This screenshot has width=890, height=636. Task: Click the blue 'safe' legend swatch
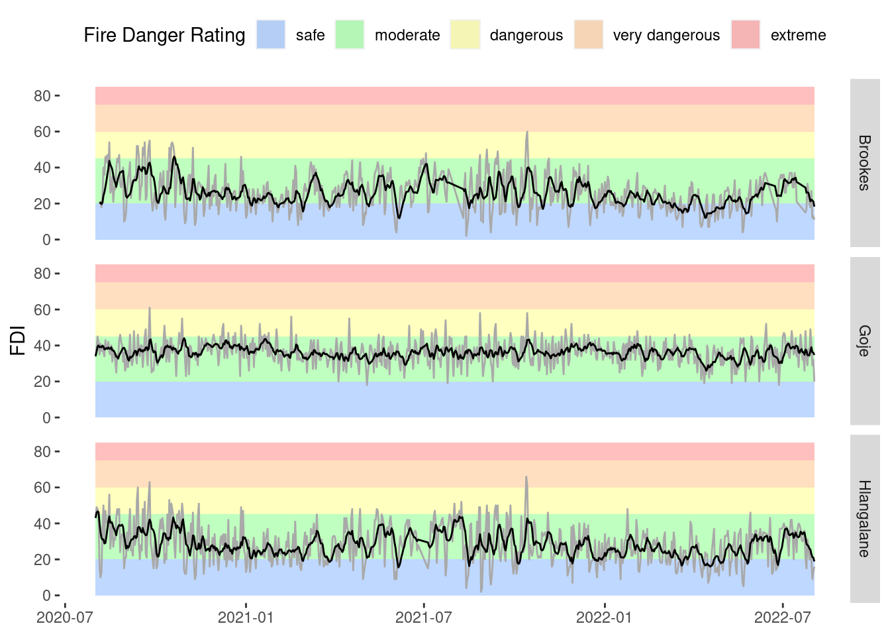point(271,34)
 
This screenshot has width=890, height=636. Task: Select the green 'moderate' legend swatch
point(350,34)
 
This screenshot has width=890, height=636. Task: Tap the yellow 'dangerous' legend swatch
point(465,34)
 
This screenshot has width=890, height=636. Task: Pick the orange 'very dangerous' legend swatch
point(588,34)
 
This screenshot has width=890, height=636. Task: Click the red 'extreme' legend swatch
point(746,34)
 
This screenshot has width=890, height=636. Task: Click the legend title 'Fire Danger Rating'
point(164,35)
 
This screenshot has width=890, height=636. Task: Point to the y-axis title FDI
point(18,341)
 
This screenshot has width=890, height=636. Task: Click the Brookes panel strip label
point(864,163)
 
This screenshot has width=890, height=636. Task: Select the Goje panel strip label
point(864,341)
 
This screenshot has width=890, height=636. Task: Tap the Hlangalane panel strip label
point(864,519)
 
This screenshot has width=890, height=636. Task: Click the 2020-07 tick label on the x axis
point(64,617)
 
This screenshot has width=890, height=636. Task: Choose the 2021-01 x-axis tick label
point(246,617)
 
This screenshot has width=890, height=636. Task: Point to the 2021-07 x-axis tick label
point(424,617)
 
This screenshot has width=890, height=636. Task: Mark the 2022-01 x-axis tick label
point(604,617)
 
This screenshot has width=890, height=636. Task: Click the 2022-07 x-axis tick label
point(783,617)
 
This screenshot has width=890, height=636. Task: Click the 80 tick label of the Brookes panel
point(42,96)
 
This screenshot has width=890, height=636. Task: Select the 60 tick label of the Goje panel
point(42,310)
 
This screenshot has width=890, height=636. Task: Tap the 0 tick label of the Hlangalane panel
point(46,596)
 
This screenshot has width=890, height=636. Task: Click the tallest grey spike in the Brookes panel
point(527,132)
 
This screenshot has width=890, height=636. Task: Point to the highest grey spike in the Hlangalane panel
point(526,477)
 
